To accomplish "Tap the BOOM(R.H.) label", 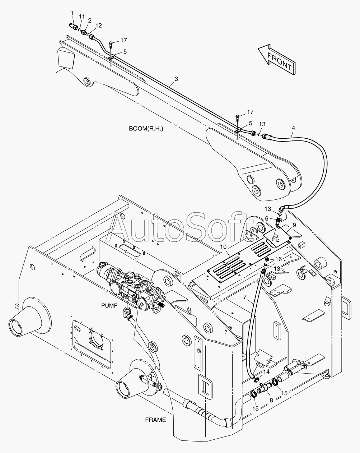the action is pyautogui.click(x=146, y=129).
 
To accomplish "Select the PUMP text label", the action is pyautogui.click(x=109, y=305).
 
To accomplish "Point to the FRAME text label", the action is pyautogui.click(x=155, y=420).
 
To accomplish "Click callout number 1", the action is pyautogui.click(x=72, y=13).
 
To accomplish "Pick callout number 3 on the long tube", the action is pyautogui.click(x=176, y=79).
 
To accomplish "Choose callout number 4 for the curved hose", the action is pyautogui.click(x=294, y=128).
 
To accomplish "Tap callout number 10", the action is pyautogui.click(x=224, y=247).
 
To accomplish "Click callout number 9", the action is pyautogui.click(x=294, y=225).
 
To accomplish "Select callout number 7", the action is pyautogui.click(x=245, y=297).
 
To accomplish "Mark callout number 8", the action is pyautogui.click(x=271, y=400).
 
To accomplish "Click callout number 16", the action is pyautogui.click(x=279, y=259).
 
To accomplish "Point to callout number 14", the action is pyautogui.click(x=266, y=371).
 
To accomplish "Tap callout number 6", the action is pyautogui.click(x=267, y=219).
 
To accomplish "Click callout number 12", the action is pyautogui.click(x=98, y=26).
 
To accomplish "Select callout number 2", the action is pyautogui.click(x=90, y=20).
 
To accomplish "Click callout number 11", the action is pyautogui.click(x=82, y=17).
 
